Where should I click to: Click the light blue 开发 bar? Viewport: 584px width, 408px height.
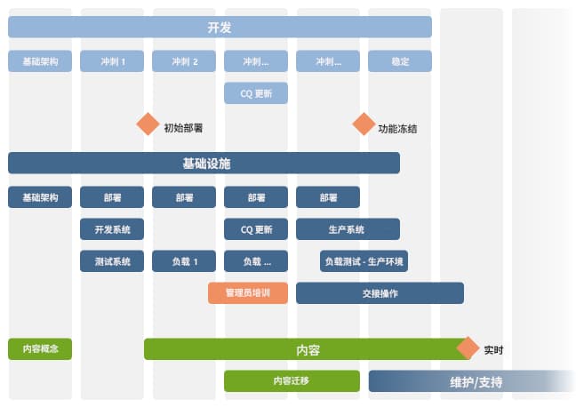[220, 28]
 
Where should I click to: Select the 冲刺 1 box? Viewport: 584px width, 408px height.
[112, 61]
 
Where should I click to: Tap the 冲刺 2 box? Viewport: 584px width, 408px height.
[184, 61]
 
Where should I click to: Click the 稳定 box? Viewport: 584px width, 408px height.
[400, 61]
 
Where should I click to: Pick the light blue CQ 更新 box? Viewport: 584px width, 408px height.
[256, 93]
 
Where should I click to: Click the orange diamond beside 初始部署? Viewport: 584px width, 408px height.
[148, 124]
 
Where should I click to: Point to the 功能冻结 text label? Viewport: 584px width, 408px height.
[397, 128]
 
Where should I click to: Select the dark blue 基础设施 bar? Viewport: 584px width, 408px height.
[204, 163]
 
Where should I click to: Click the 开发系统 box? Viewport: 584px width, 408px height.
[112, 229]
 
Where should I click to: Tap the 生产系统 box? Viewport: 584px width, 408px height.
[348, 229]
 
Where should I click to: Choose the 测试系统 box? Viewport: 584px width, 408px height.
[112, 261]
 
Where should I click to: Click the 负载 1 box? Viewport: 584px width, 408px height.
[184, 261]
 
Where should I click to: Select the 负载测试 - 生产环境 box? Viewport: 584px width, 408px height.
[364, 261]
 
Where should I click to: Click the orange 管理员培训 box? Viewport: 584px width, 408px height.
[248, 293]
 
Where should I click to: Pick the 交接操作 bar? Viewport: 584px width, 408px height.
[380, 293]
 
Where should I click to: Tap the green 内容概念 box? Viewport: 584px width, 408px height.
[40, 348]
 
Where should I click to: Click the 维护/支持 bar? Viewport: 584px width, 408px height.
[470, 382]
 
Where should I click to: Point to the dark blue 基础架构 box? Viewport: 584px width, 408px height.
[40, 197]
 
